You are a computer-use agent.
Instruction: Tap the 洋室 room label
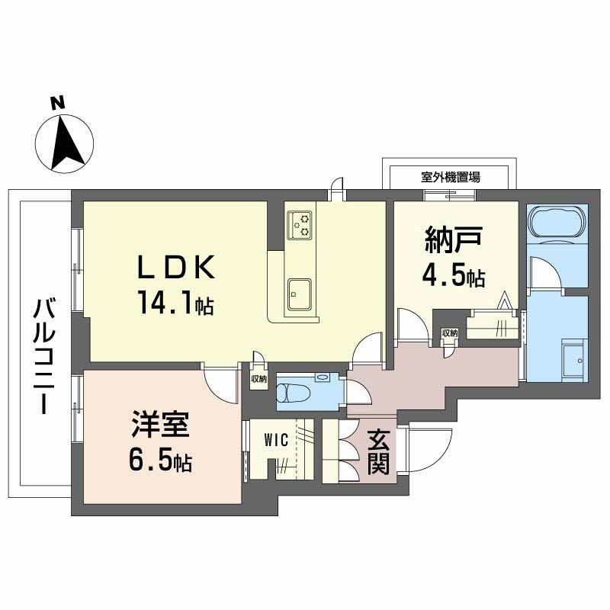pos(159,424)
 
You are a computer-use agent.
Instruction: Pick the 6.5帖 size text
pos(159,461)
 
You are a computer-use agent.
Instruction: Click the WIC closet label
pos(276,440)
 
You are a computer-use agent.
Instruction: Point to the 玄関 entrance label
pos(379,453)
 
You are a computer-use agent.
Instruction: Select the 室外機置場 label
pos(451,178)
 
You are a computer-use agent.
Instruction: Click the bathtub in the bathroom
pos(557,224)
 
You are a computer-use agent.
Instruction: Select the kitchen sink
pos(299,292)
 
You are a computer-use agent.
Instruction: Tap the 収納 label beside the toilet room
pos(258,379)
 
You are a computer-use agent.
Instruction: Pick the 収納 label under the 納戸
pos(449,333)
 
